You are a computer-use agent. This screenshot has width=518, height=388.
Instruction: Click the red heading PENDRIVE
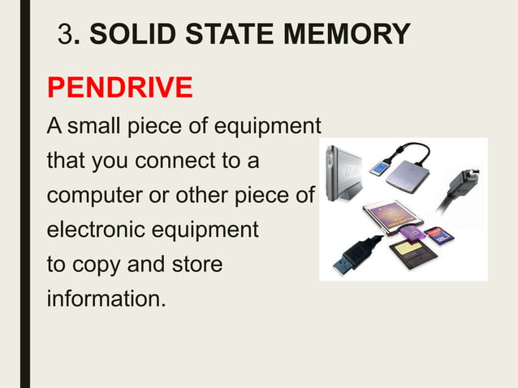tap(119, 87)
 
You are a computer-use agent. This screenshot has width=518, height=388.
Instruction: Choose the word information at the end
tap(106, 300)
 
